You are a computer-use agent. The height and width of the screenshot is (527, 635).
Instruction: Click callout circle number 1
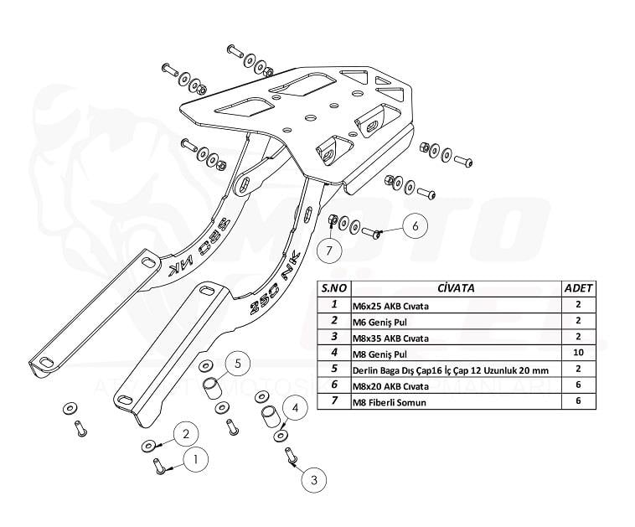click(195, 459)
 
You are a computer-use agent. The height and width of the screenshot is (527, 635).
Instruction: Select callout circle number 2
click(187, 433)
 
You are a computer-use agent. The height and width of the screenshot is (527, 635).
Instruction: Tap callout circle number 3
click(313, 480)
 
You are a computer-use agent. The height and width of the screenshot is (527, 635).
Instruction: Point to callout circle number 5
click(238, 363)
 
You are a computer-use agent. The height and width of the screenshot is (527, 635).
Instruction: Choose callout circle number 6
click(417, 225)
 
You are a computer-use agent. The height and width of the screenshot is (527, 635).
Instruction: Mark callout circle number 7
click(329, 251)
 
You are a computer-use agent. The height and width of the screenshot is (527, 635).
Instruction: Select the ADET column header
click(579, 288)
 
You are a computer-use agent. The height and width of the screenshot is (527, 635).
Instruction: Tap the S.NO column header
click(333, 288)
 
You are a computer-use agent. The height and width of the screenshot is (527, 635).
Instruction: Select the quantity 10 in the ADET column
click(579, 354)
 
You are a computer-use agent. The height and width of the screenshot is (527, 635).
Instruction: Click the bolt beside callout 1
click(158, 464)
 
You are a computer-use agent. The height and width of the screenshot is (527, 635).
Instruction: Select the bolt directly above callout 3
click(292, 457)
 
